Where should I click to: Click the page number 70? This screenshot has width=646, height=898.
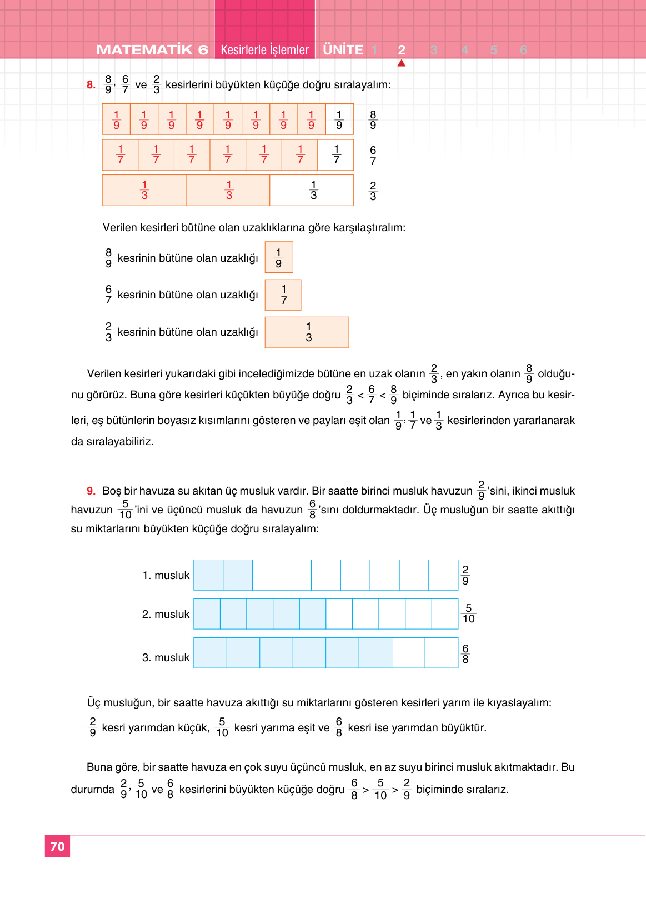57,846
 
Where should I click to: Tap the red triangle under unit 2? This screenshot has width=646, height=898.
402,63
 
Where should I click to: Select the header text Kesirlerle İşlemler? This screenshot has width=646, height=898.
264,50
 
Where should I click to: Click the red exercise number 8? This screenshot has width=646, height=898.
91,85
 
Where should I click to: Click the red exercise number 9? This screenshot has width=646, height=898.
91,491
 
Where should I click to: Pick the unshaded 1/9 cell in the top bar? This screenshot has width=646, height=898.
339,119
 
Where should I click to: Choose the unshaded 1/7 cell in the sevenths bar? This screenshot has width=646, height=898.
336,154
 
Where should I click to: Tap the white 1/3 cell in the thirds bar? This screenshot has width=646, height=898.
313,190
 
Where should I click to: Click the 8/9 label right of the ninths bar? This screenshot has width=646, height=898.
373,119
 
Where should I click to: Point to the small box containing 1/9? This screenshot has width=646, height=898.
279,257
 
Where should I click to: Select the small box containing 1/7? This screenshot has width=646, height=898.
283,295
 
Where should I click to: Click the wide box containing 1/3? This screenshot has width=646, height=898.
307,332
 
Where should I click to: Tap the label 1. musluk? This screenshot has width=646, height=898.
166,575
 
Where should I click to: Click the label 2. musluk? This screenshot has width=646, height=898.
166,614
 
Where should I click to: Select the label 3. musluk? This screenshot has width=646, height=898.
166,657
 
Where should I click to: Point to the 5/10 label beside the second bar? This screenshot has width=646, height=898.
468,613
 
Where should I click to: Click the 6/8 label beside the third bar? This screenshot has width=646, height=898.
465,653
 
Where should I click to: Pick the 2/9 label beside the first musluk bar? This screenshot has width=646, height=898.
465,575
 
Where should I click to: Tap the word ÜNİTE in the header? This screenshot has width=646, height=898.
343,50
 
